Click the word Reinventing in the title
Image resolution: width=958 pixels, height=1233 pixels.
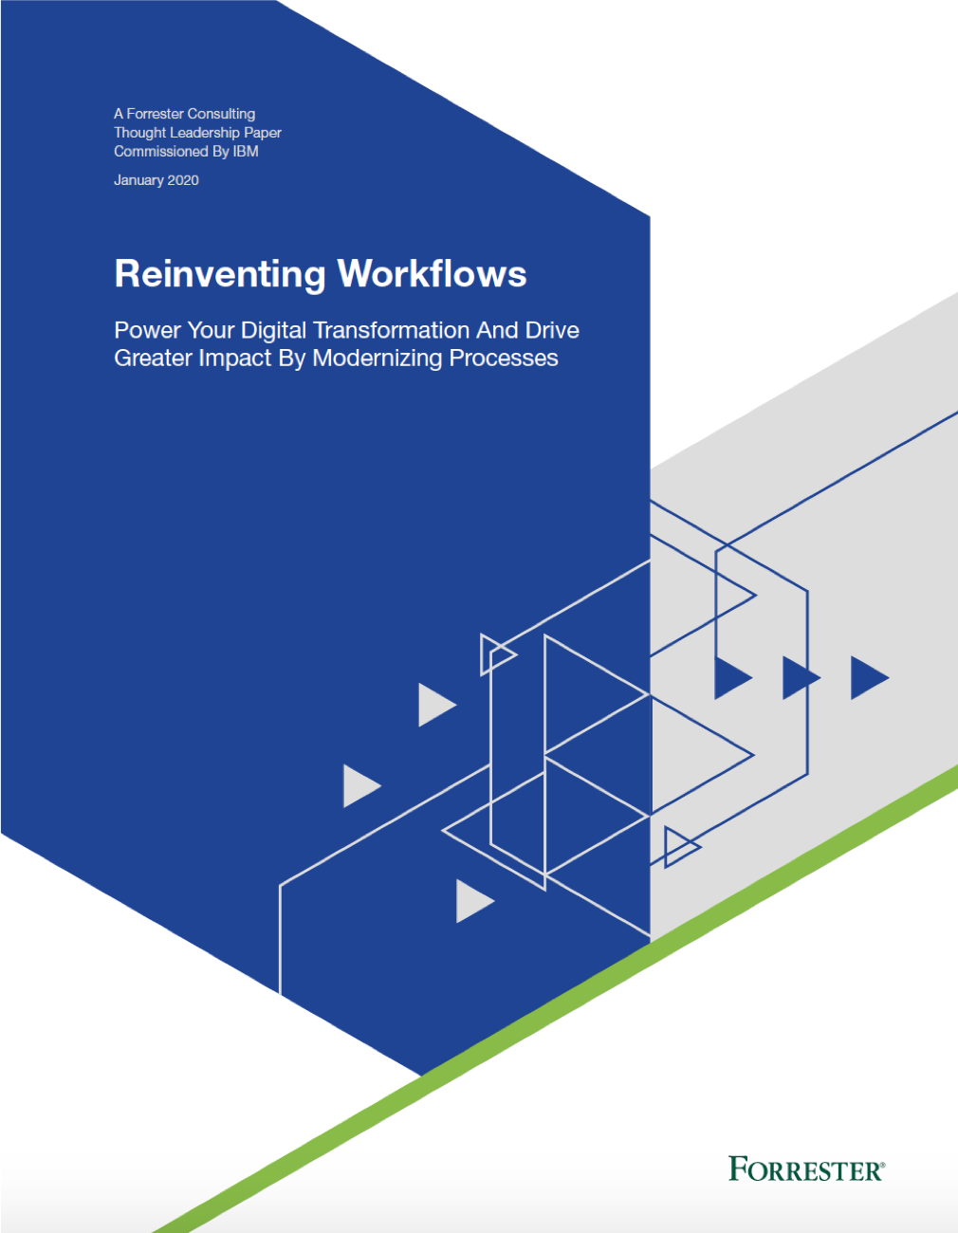[x=220, y=274]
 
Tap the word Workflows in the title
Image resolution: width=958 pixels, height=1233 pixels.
[x=433, y=274]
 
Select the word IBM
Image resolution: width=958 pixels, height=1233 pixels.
[x=246, y=152]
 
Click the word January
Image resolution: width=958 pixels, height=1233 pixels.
[x=138, y=180]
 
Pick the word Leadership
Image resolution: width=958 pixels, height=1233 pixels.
[x=204, y=133]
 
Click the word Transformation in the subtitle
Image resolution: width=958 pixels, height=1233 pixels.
[x=392, y=330]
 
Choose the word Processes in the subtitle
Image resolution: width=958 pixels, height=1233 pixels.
[x=504, y=359]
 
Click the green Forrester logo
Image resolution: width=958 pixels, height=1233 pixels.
[x=806, y=1169]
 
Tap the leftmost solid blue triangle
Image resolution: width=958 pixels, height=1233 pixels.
[x=730, y=677]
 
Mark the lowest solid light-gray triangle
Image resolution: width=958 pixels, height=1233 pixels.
[x=471, y=901]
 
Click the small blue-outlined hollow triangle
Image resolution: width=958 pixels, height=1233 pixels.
[x=679, y=846]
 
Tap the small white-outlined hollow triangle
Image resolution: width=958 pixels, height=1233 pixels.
[x=495, y=654]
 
